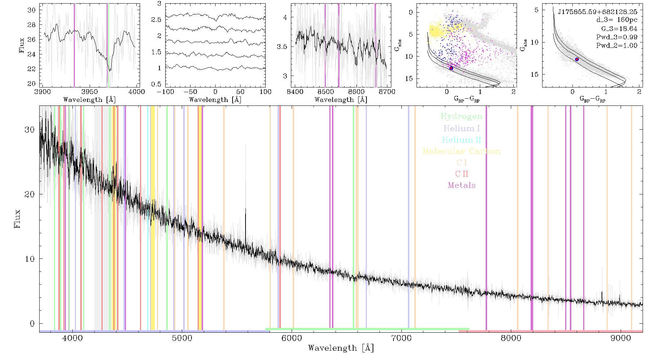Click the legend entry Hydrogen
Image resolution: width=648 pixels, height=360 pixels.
(x=461, y=116)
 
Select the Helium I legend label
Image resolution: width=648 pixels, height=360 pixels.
(x=462, y=128)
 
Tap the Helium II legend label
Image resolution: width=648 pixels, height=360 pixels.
(x=462, y=140)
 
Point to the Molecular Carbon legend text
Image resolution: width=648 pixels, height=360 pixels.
(x=462, y=151)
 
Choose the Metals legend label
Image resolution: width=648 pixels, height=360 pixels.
(x=462, y=185)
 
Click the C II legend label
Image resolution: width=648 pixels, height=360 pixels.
(x=462, y=174)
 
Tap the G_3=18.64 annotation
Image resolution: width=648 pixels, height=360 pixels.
(x=619, y=28)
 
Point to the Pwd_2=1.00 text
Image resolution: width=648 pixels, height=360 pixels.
(x=617, y=45)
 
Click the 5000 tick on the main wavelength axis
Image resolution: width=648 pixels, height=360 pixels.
(x=182, y=338)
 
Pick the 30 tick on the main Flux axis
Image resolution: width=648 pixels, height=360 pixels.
(x=30, y=130)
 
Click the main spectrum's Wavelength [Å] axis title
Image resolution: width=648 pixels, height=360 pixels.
(x=341, y=348)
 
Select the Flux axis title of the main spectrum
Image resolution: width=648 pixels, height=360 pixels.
(x=17, y=219)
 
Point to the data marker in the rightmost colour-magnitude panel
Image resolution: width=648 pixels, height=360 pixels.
(x=577, y=59)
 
